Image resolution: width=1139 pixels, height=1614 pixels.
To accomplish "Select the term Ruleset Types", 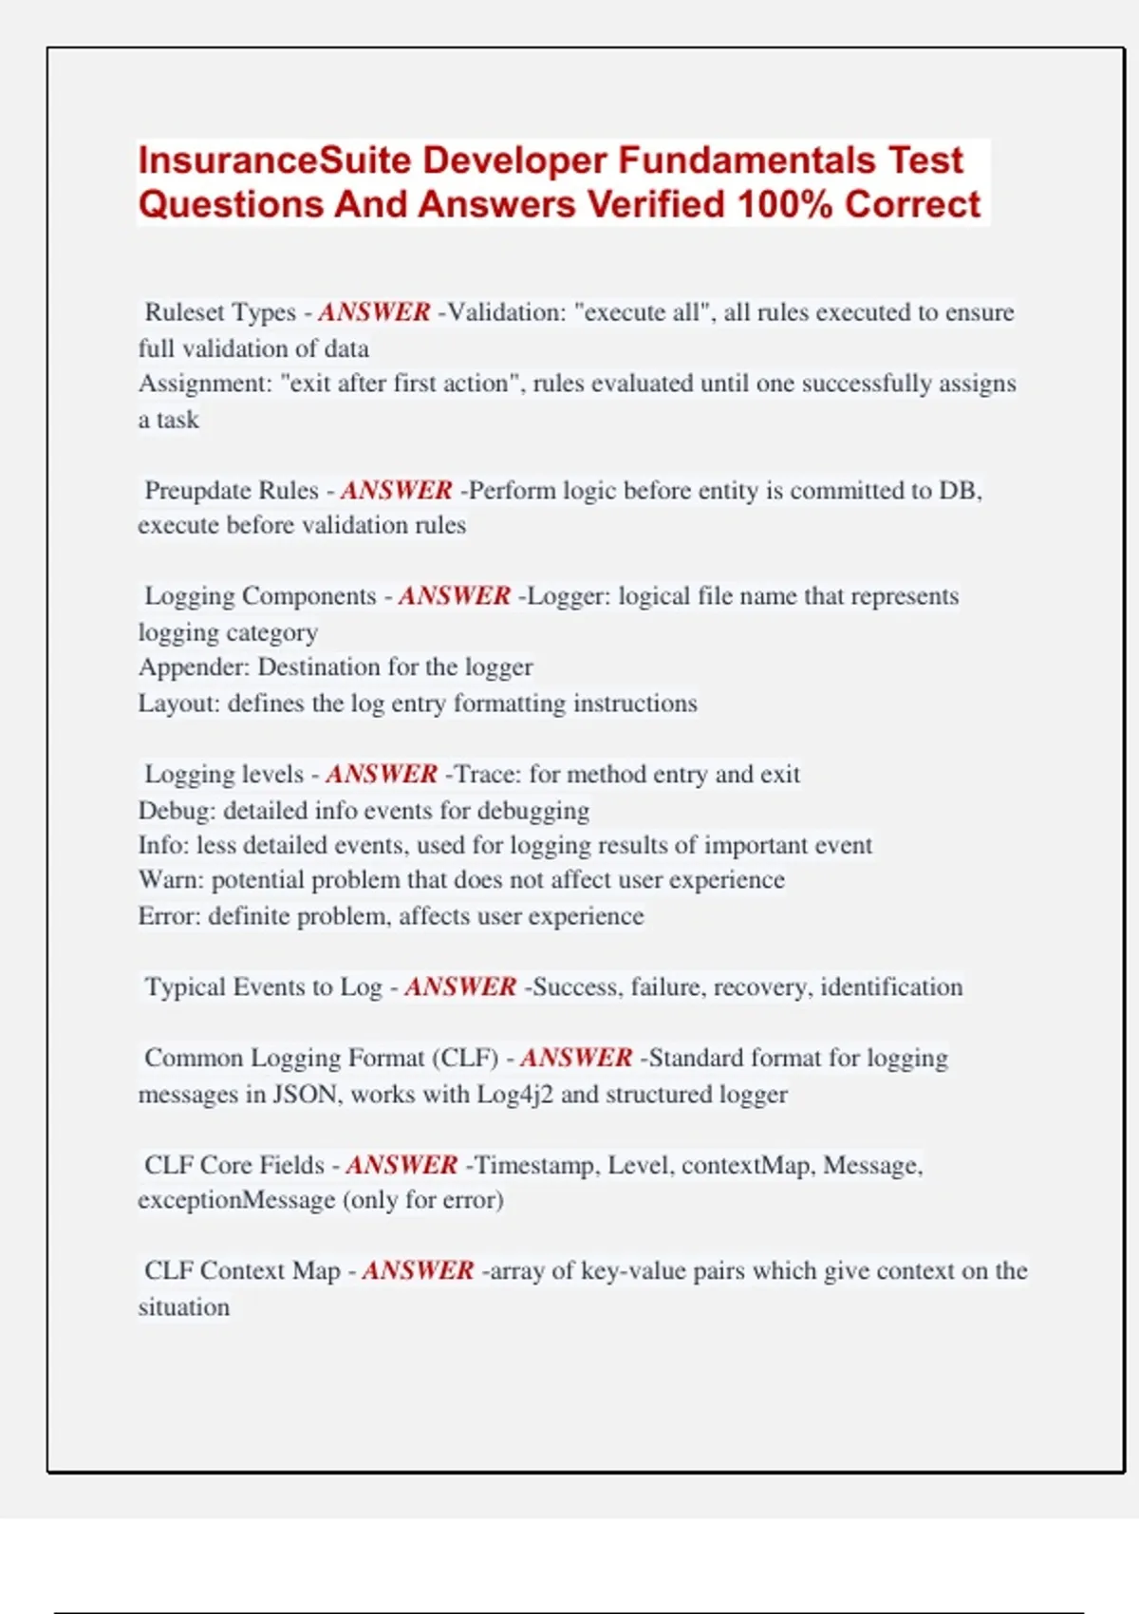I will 220,312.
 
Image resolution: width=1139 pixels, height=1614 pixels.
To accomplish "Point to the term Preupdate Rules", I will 231,491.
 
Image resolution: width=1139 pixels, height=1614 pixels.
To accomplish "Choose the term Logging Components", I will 260,596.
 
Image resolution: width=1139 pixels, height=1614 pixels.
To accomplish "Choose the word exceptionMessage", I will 236,1200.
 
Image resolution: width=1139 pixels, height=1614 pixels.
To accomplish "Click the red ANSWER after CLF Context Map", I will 418,1271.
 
